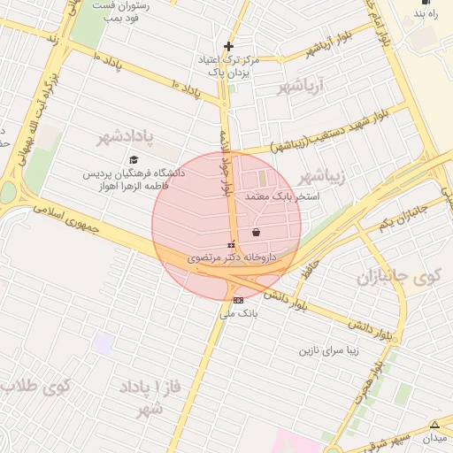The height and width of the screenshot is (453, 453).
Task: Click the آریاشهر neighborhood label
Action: coord(301,87)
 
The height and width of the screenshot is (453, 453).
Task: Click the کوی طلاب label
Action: coord(35,386)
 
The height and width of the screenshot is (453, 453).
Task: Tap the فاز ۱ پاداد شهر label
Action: coord(147,399)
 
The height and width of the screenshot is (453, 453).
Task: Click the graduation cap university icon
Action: coord(134,160)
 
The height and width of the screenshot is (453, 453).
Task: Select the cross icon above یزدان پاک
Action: coord(228,46)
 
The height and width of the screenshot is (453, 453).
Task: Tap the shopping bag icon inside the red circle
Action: coord(256,233)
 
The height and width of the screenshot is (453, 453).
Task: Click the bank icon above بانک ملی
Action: coord(236,300)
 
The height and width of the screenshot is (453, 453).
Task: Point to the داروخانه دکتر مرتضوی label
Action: coord(232,257)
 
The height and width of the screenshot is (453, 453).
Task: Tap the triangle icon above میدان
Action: coord(434,425)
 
